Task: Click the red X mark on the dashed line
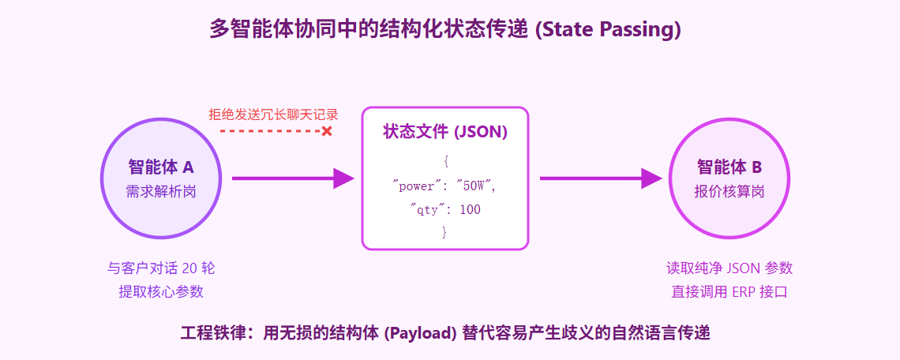click(x=327, y=132)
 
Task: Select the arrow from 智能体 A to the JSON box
click(x=293, y=178)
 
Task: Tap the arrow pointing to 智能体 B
click(x=601, y=178)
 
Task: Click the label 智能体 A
click(x=161, y=167)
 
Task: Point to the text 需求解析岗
click(x=161, y=191)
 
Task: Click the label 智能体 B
click(x=729, y=167)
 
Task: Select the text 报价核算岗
click(x=729, y=191)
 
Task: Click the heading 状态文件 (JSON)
click(x=444, y=132)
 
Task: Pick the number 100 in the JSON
click(x=470, y=209)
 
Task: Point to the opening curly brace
click(x=445, y=163)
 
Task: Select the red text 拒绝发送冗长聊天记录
click(x=272, y=114)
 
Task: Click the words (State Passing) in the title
click(x=607, y=28)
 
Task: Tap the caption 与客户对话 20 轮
click(x=161, y=268)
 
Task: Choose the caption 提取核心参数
click(x=161, y=291)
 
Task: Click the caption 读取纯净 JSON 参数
click(x=729, y=268)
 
